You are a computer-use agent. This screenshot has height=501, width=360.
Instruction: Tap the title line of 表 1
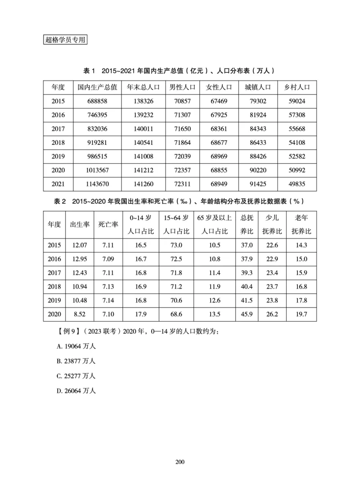point(180,71)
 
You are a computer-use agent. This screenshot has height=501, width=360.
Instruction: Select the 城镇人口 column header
point(258,87)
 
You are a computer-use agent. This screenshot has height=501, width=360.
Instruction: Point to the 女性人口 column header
point(219,87)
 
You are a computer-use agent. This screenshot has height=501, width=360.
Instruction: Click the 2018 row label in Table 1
point(58,143)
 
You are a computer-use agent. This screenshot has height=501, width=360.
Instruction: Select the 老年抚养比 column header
point(301,224)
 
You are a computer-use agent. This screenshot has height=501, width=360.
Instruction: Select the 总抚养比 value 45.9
point(247,314)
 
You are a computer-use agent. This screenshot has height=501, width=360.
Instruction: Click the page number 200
point(180,462)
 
